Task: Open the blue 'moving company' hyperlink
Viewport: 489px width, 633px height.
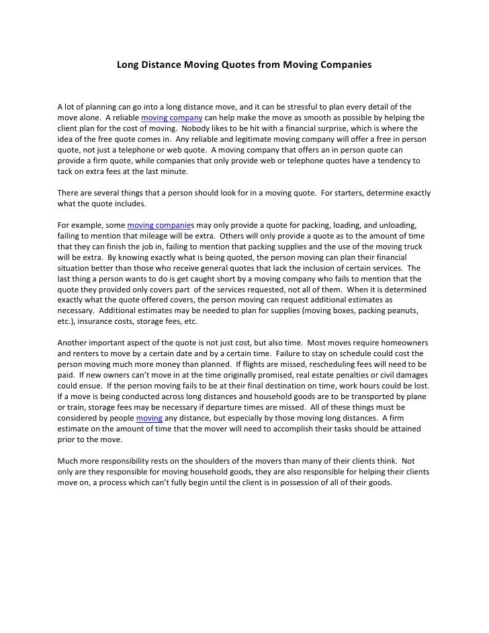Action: point(170,118)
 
